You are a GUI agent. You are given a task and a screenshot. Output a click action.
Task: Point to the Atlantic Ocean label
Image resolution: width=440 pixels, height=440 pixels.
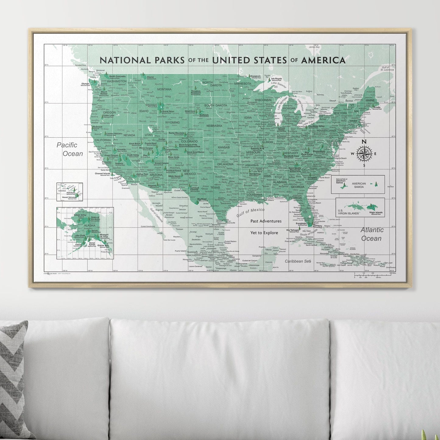(x=371, y=234)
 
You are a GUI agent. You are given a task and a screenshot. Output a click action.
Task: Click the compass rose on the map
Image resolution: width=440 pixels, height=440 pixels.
(x=364, y=153)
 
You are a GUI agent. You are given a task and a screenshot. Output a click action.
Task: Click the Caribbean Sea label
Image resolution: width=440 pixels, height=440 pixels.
(x=298, y=261)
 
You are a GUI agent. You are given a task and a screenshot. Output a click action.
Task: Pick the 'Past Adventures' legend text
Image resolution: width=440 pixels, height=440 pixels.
(x=266, y=221)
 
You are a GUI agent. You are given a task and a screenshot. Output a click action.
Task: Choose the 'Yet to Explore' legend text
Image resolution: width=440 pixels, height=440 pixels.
(x=264, y=233)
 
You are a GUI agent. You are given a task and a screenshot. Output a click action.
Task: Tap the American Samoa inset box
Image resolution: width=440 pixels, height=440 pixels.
(x=358, y=184)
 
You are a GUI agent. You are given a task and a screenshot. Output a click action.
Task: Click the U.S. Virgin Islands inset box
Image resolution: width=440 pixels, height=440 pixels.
(x=360, y=207)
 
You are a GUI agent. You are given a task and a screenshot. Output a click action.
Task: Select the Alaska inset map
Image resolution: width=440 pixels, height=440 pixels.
(x=85, y=233)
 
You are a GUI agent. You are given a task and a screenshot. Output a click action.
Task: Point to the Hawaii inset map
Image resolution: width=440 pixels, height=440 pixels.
(x=69, y=192)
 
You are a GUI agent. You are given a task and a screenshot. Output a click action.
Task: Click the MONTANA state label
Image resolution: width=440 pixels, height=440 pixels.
(x=164, y=89)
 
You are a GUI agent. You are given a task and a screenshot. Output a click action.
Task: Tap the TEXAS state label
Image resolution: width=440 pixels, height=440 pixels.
(x=215, y=188)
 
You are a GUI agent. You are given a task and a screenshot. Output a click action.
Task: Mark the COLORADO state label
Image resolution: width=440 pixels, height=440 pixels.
(x=189, y=141)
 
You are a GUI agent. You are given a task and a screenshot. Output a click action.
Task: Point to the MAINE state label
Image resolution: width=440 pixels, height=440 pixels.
(x=370, y=100)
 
